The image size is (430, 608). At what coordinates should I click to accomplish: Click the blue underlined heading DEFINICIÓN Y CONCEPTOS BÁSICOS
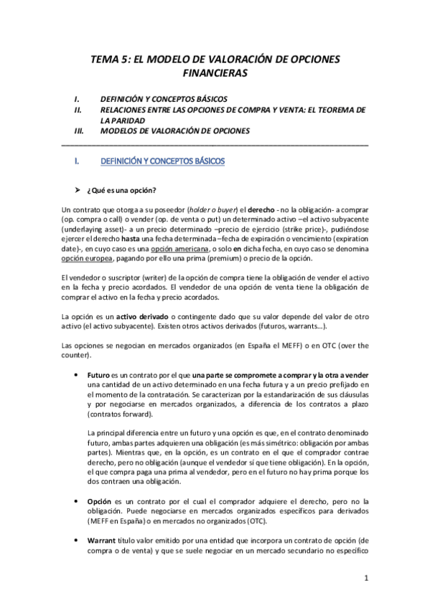click(x=164, y=162)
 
